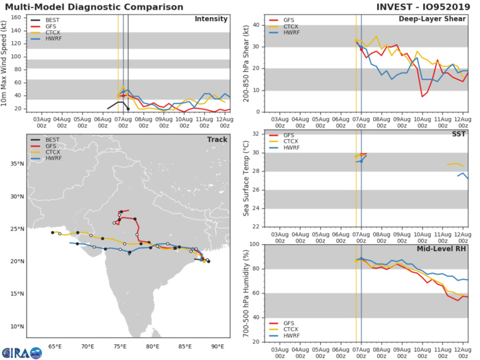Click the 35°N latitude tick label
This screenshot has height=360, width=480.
tap(17, 164)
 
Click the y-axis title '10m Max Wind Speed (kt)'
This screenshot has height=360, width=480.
tap(6, 63)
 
